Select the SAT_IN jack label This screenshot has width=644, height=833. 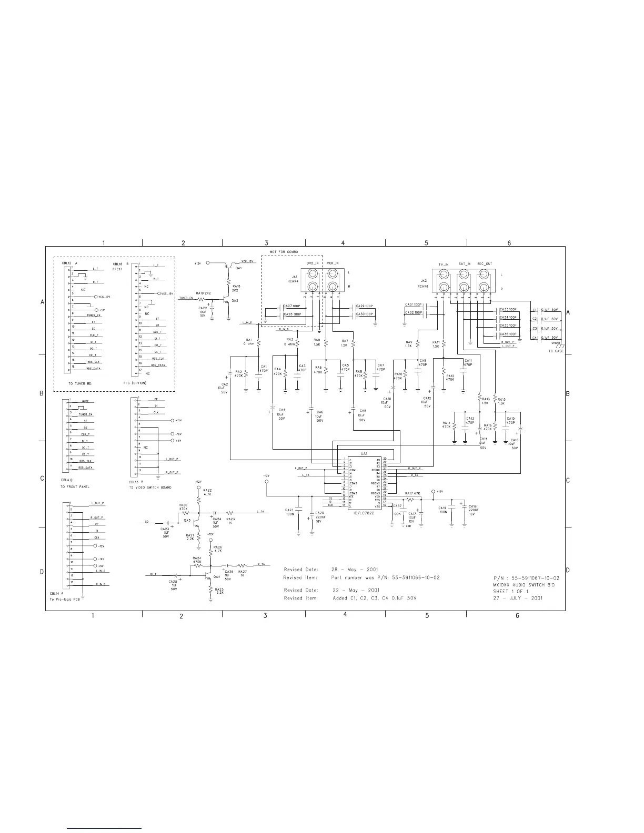[x=465, y=263]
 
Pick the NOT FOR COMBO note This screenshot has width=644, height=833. [x=284, y=252]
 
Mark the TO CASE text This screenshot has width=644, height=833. [x=556, y=351]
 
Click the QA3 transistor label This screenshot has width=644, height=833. [x=187, y=520]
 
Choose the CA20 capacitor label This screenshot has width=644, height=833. [x=320, y=513]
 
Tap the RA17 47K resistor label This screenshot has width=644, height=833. [x=412, y=493]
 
